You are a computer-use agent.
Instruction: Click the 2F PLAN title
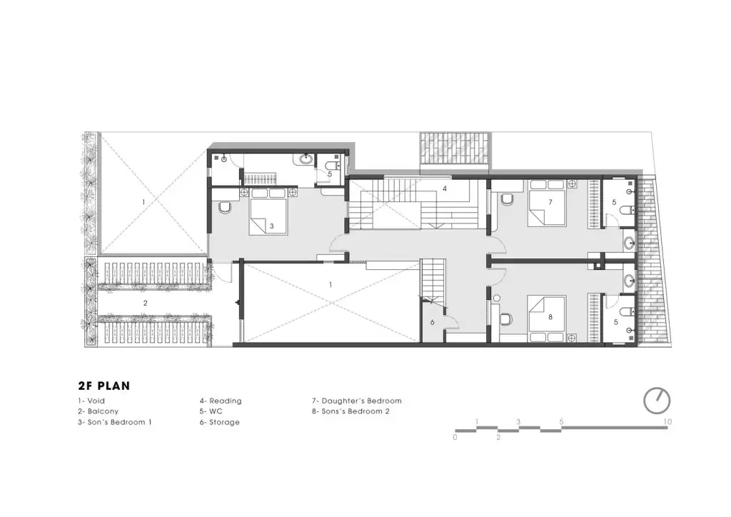pyautogui.click(x=104, y=386)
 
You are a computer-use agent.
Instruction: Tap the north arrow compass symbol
pyautogui.click(x=657, y=401)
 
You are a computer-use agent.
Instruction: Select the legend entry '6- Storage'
pyautogui.click(x=220, y=422)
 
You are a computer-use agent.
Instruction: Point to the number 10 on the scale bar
pyautogui.click(x=667, y=422)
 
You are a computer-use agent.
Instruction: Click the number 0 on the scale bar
pyautogui.click(x=455, y=437)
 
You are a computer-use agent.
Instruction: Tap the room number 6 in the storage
pyautogui.click(x=432, y=322)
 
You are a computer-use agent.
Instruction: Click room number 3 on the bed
pyautogui.click(x=272, y=226)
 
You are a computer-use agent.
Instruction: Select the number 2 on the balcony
pyautogui.click(x=146, y=303)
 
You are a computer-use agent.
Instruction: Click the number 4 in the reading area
pyautogui.click(x=445, y=189)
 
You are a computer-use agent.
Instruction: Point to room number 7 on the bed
pyautogui.click(x=550, y=202)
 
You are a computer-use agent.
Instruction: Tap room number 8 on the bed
pyautogui.click(x=550, y=317)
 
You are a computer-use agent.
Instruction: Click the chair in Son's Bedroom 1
pyautogui.click(x=224, y=207)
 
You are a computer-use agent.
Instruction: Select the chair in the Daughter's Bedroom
pyautogui.click(x=508, y=199)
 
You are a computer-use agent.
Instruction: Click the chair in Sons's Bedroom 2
pyautogui.click(x=506, y=319)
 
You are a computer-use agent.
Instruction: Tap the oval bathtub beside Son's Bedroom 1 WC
pyautogui.click(x=306, y=159)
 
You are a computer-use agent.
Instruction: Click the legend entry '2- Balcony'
pyautogui.click(x=99, y=411)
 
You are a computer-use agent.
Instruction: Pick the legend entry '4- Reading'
pyautogui.click(x=221, y=401)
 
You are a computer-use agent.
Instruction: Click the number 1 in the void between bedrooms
pyautogui.click(x=331, y=285)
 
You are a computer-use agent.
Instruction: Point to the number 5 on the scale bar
pyautogui.click(x=561, y=422)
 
